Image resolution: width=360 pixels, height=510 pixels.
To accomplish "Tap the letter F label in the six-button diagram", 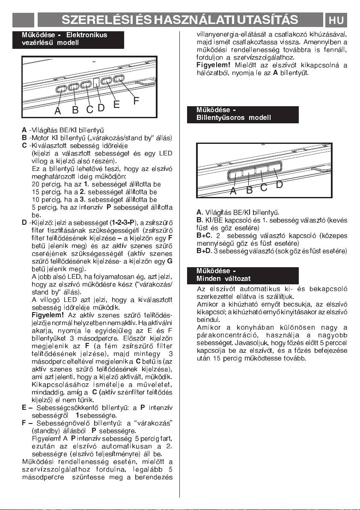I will pyautogui.click(x=136, y=101).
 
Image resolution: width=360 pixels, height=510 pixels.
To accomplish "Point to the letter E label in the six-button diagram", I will pyautogui.click(x=116, y=104).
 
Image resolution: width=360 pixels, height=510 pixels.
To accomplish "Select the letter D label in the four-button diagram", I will pyautogui.click(x=279, y=185).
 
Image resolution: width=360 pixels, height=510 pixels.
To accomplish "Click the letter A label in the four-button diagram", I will pyautogui.click(x=233, y=191).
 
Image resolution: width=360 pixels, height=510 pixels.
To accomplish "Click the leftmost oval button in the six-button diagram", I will pyautogui.click(x=61, y=89).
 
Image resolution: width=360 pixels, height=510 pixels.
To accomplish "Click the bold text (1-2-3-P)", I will pyautogui.click(x=123, y=223).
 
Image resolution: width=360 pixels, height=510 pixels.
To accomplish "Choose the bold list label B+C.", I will pyautogui.click(x=204, y=236).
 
